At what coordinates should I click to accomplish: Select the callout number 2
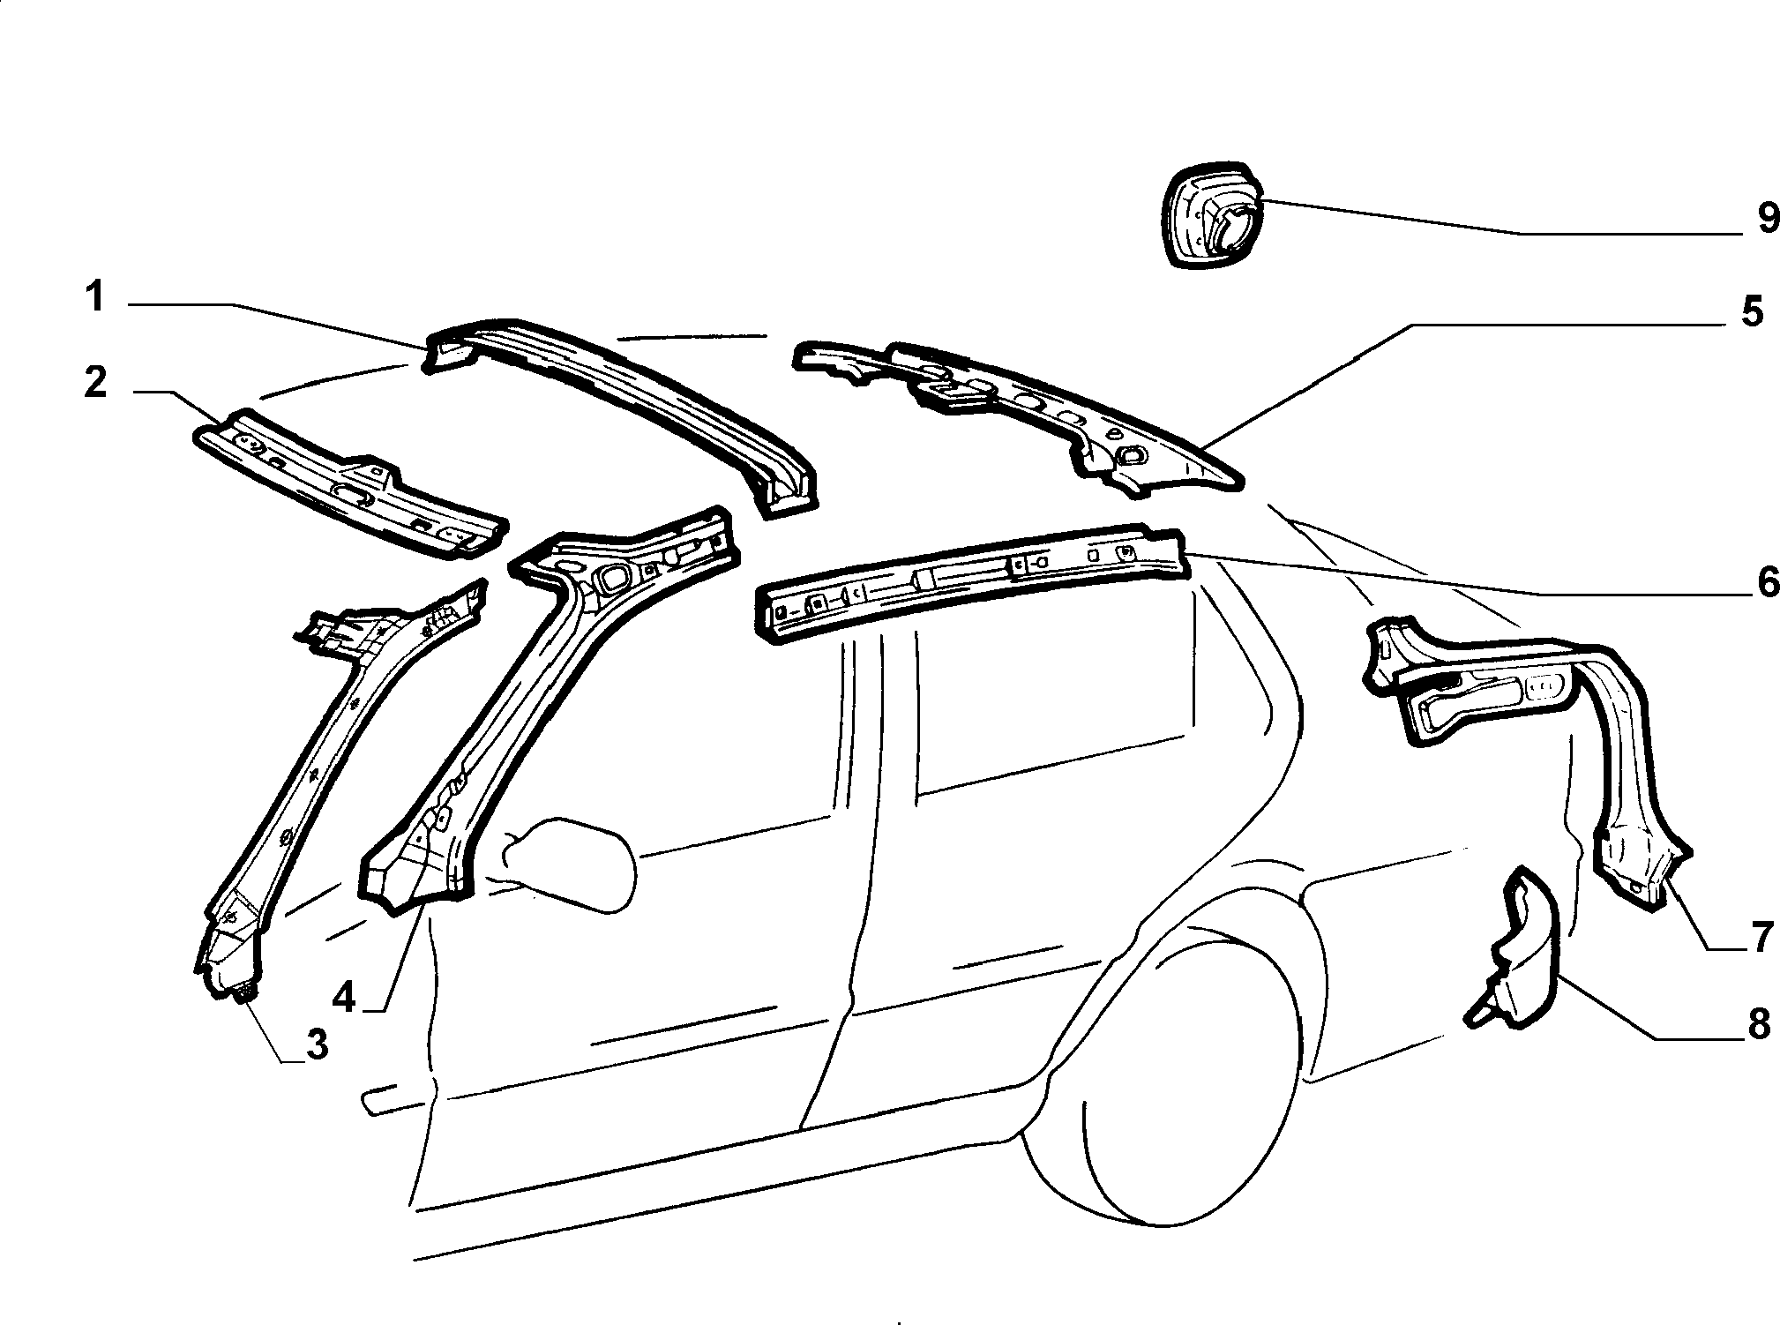pyautogui.click(x=95, y=384)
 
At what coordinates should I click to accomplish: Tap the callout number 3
pyautogui.click(x=316, y=1044)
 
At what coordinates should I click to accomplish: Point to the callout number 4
pyautogui.click(x=344, y=998)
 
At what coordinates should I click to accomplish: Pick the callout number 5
pyautogui.click(x=1751, y=312)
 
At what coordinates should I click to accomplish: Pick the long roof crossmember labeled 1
pyautogui.click(x=622, y=415)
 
